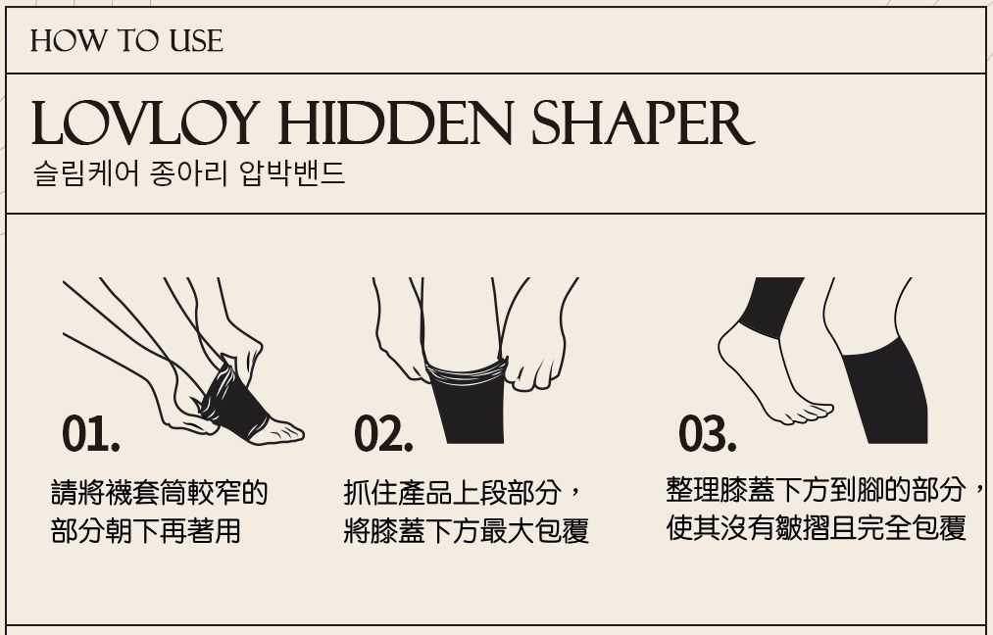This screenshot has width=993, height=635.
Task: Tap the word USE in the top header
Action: coord(196,41)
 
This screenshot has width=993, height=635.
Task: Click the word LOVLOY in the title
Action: coord(145,122)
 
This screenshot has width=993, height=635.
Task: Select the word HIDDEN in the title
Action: coord(395,122)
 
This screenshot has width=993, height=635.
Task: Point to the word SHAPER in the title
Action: coord(642,122)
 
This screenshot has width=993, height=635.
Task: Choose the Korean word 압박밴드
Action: coord(292,172)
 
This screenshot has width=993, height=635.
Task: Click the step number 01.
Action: coord(90,434)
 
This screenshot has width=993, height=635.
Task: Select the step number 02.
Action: coord(383,434)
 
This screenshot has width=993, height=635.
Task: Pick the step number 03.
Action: coord(707,434)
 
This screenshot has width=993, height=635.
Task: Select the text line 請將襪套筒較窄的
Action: coord(159,493)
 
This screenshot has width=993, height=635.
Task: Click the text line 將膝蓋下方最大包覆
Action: coord(466,530)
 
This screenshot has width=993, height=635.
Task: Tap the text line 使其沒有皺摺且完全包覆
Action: coord(817,527)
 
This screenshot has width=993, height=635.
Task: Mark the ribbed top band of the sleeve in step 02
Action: coord(468,371)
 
